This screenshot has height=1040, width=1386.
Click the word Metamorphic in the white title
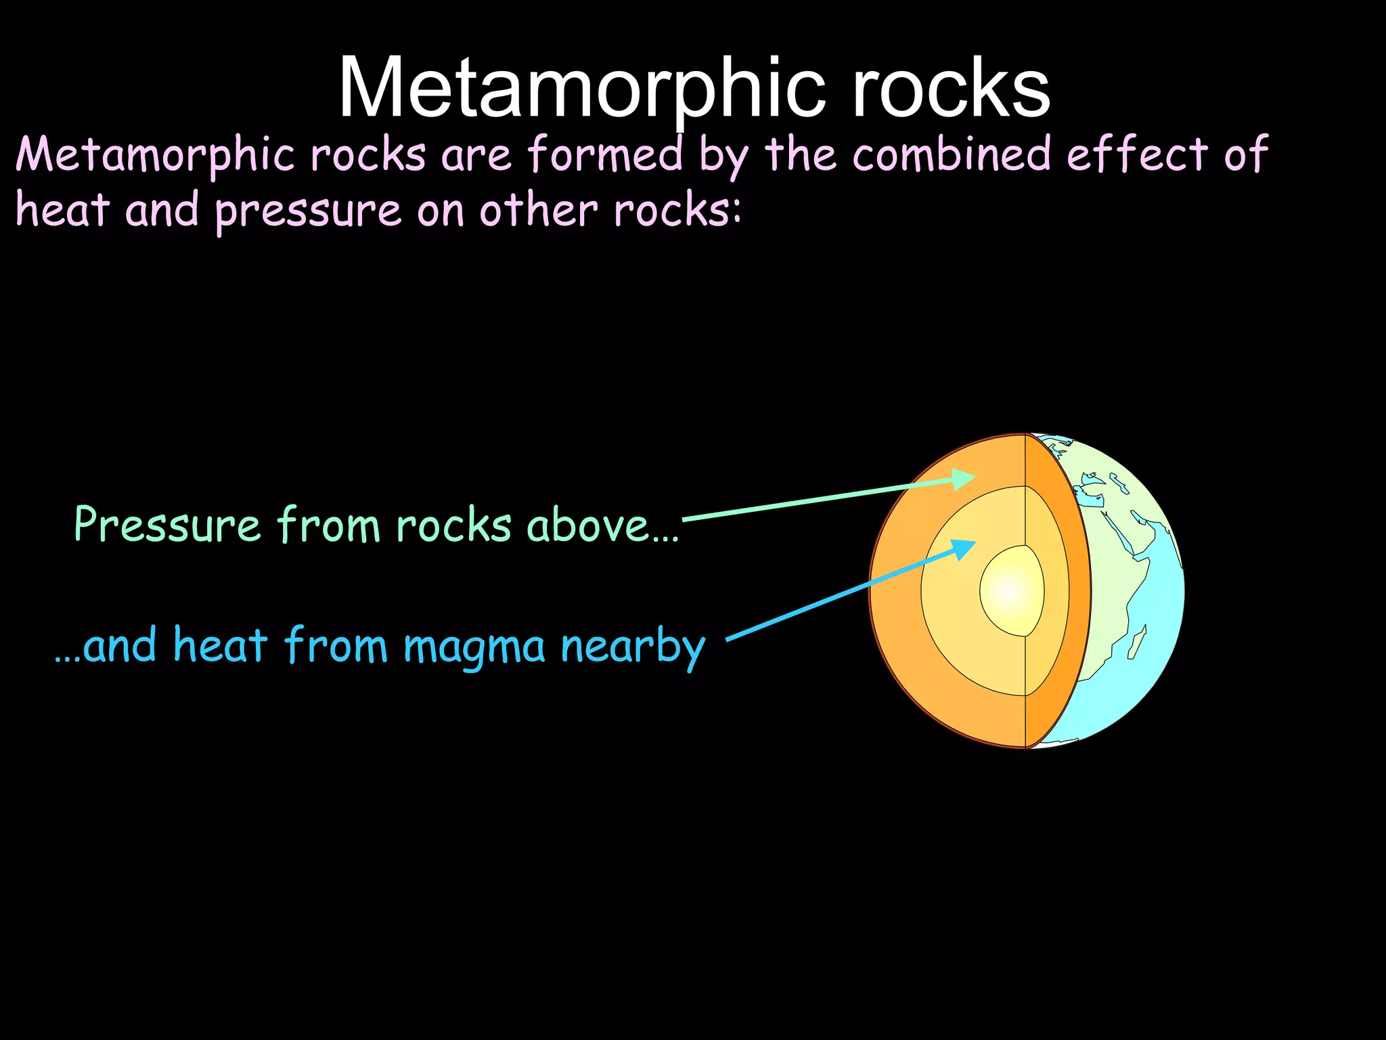click(x=582, y=88)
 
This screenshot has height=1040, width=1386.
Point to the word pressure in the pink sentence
click(x=308, y=211)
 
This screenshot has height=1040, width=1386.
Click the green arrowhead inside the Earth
click(x=964, y=479)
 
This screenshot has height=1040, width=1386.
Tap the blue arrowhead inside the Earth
click(x=964, y=547)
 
